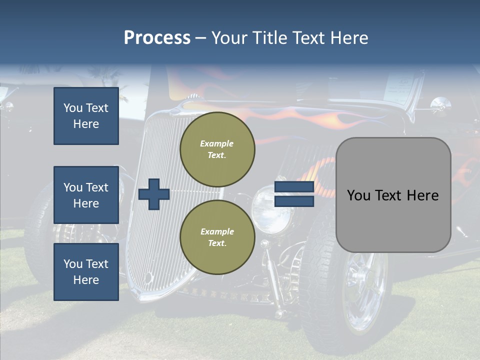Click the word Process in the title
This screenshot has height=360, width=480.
(x=157, y=38)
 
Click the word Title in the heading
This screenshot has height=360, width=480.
(x=270, y=38)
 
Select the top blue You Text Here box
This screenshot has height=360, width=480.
(x=86, y=116)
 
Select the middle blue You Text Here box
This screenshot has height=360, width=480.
(x=86, y=195)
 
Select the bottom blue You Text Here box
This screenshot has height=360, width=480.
(x=86, y=272)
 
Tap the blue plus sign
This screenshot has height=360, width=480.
(x=154, y=194)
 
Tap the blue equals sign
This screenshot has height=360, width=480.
(x=294, y=194)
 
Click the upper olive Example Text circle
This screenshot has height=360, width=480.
(x=217, y=149)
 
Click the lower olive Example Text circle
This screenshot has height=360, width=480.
(x=217, y=237)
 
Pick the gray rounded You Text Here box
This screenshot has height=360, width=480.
(x=393, y=195)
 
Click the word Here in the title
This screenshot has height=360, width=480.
(x=350, y=38)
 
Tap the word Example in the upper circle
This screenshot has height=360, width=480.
(x=217, y=143)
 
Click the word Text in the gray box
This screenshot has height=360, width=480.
(x=393, y=195)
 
